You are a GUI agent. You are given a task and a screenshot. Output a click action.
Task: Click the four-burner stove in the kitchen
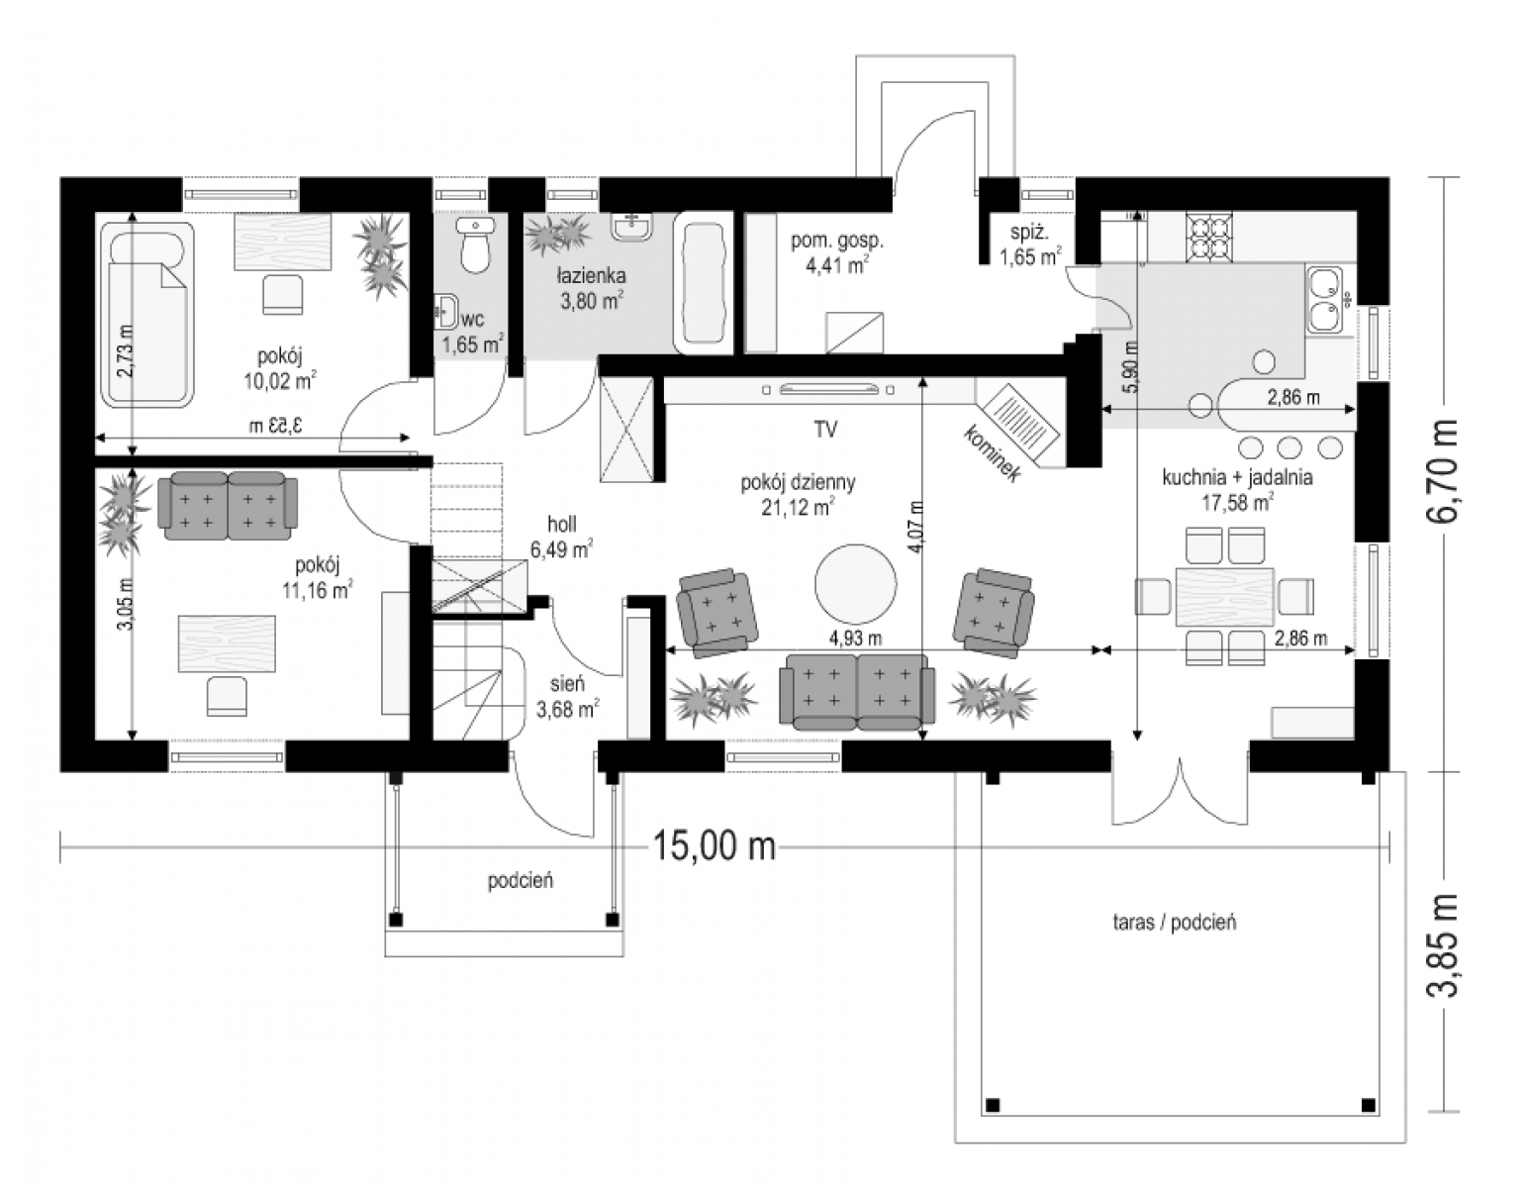[x=1208, y=237]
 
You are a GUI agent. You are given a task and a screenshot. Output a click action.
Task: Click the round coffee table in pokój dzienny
[x=855, y=584]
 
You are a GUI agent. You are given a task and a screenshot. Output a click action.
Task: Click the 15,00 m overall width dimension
[x=715, y=845]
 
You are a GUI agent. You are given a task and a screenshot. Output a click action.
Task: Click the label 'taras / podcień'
[x=1174, y=923]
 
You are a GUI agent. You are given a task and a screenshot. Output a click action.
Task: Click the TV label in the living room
[x=826, y=430]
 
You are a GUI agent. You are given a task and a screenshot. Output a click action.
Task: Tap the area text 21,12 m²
[x=798, y=507]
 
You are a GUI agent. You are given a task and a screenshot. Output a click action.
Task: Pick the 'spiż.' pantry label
[x=1029, y=233]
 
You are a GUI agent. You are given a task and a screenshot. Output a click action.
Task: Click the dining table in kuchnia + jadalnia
[x=1225, y=596]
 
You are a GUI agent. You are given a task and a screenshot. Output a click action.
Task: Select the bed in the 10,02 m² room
[x=147, y=314]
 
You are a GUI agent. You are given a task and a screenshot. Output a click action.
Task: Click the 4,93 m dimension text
[x=855, y=638]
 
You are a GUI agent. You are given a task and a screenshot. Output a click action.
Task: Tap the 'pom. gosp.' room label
[x=837, y=241]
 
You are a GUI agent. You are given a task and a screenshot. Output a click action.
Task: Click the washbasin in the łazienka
[x=632, y=227]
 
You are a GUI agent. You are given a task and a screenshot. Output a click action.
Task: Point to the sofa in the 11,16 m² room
[x=228, y=506]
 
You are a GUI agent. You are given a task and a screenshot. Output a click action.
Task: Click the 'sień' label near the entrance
[x=567, y=683]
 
